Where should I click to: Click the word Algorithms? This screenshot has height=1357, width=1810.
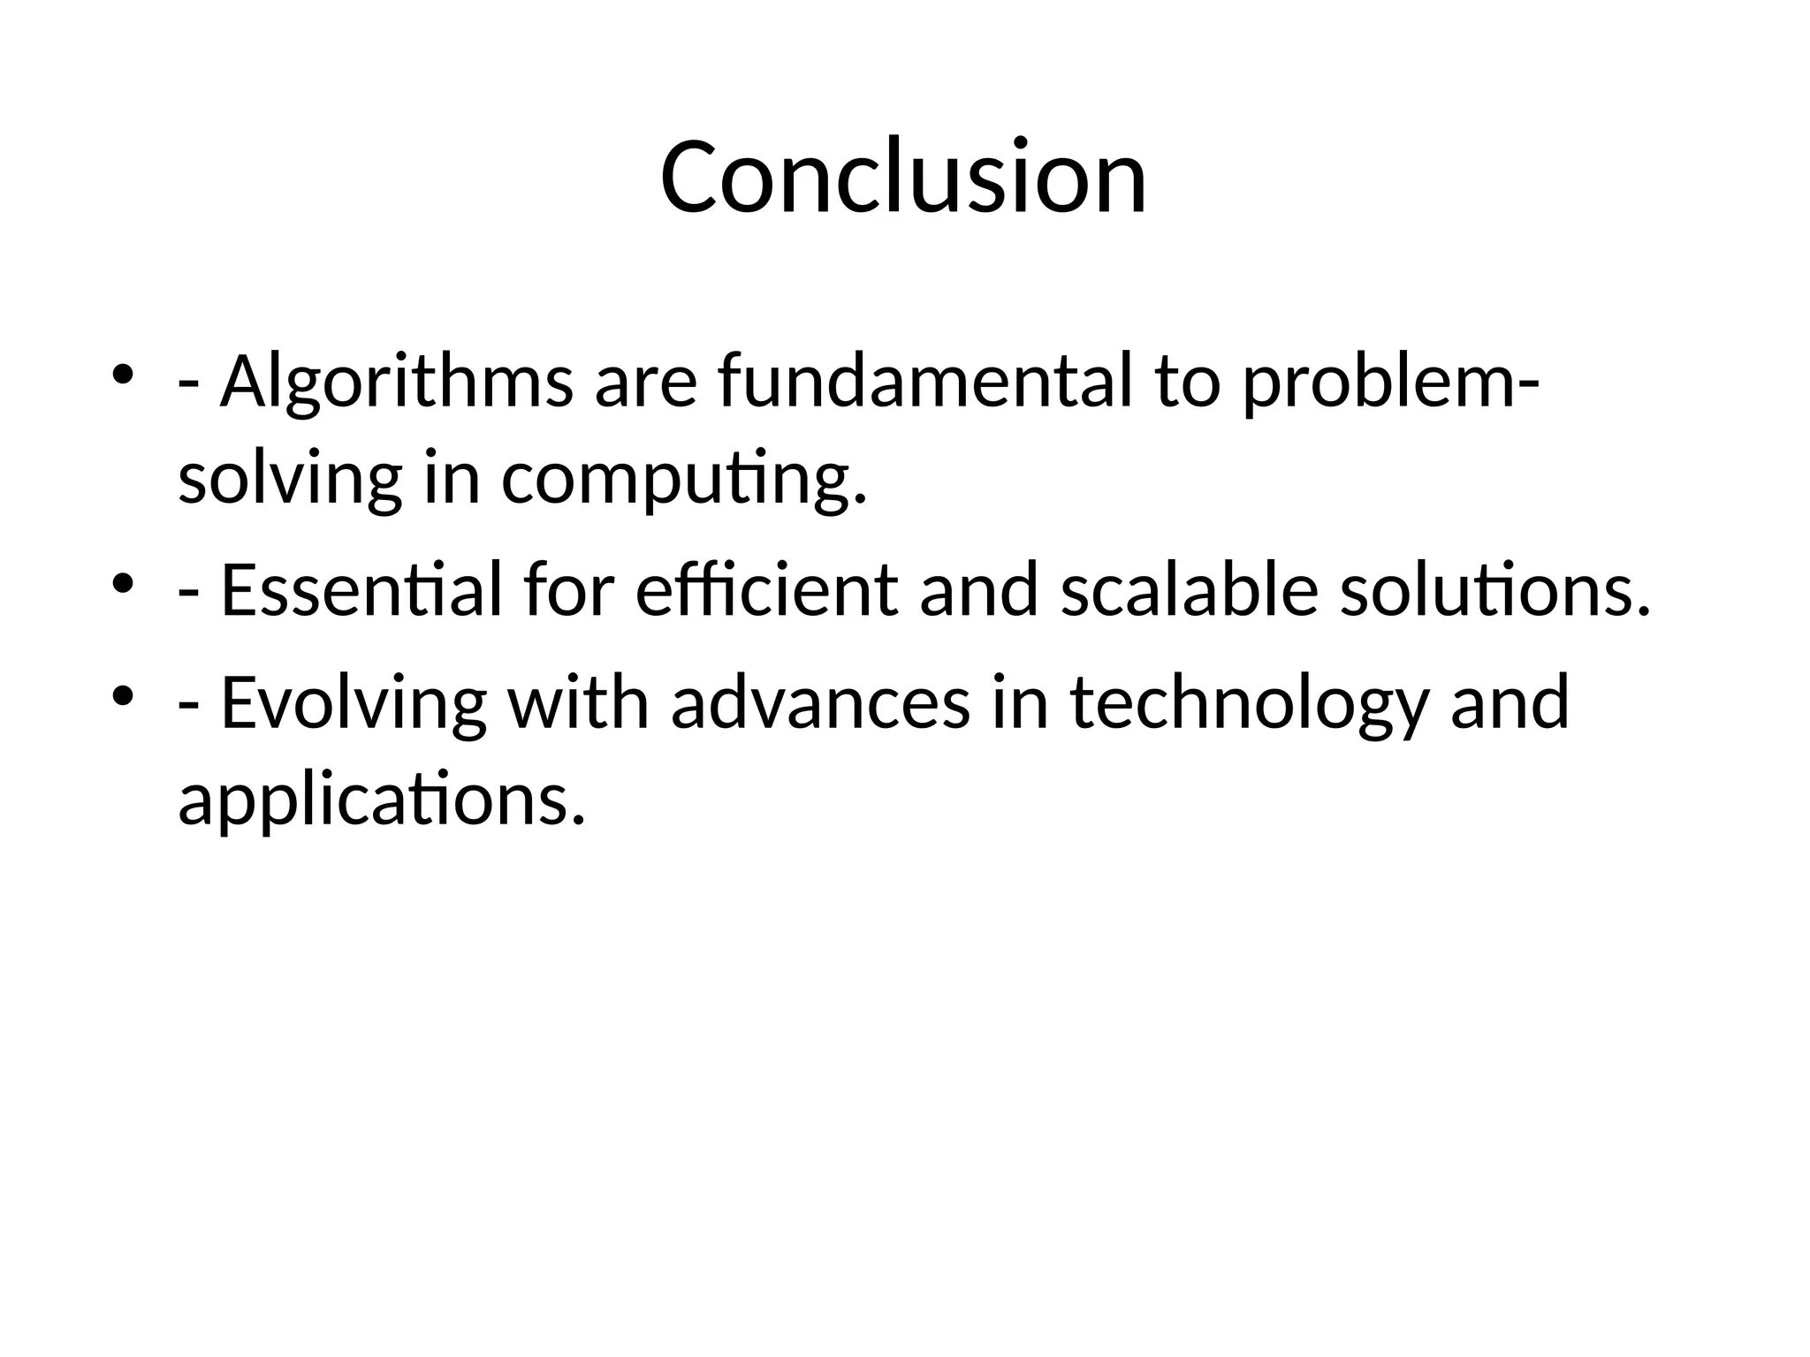pos(397,382)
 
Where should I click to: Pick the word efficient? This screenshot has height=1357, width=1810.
pos(765,589)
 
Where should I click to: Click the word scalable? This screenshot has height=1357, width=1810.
pos(1189,589)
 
